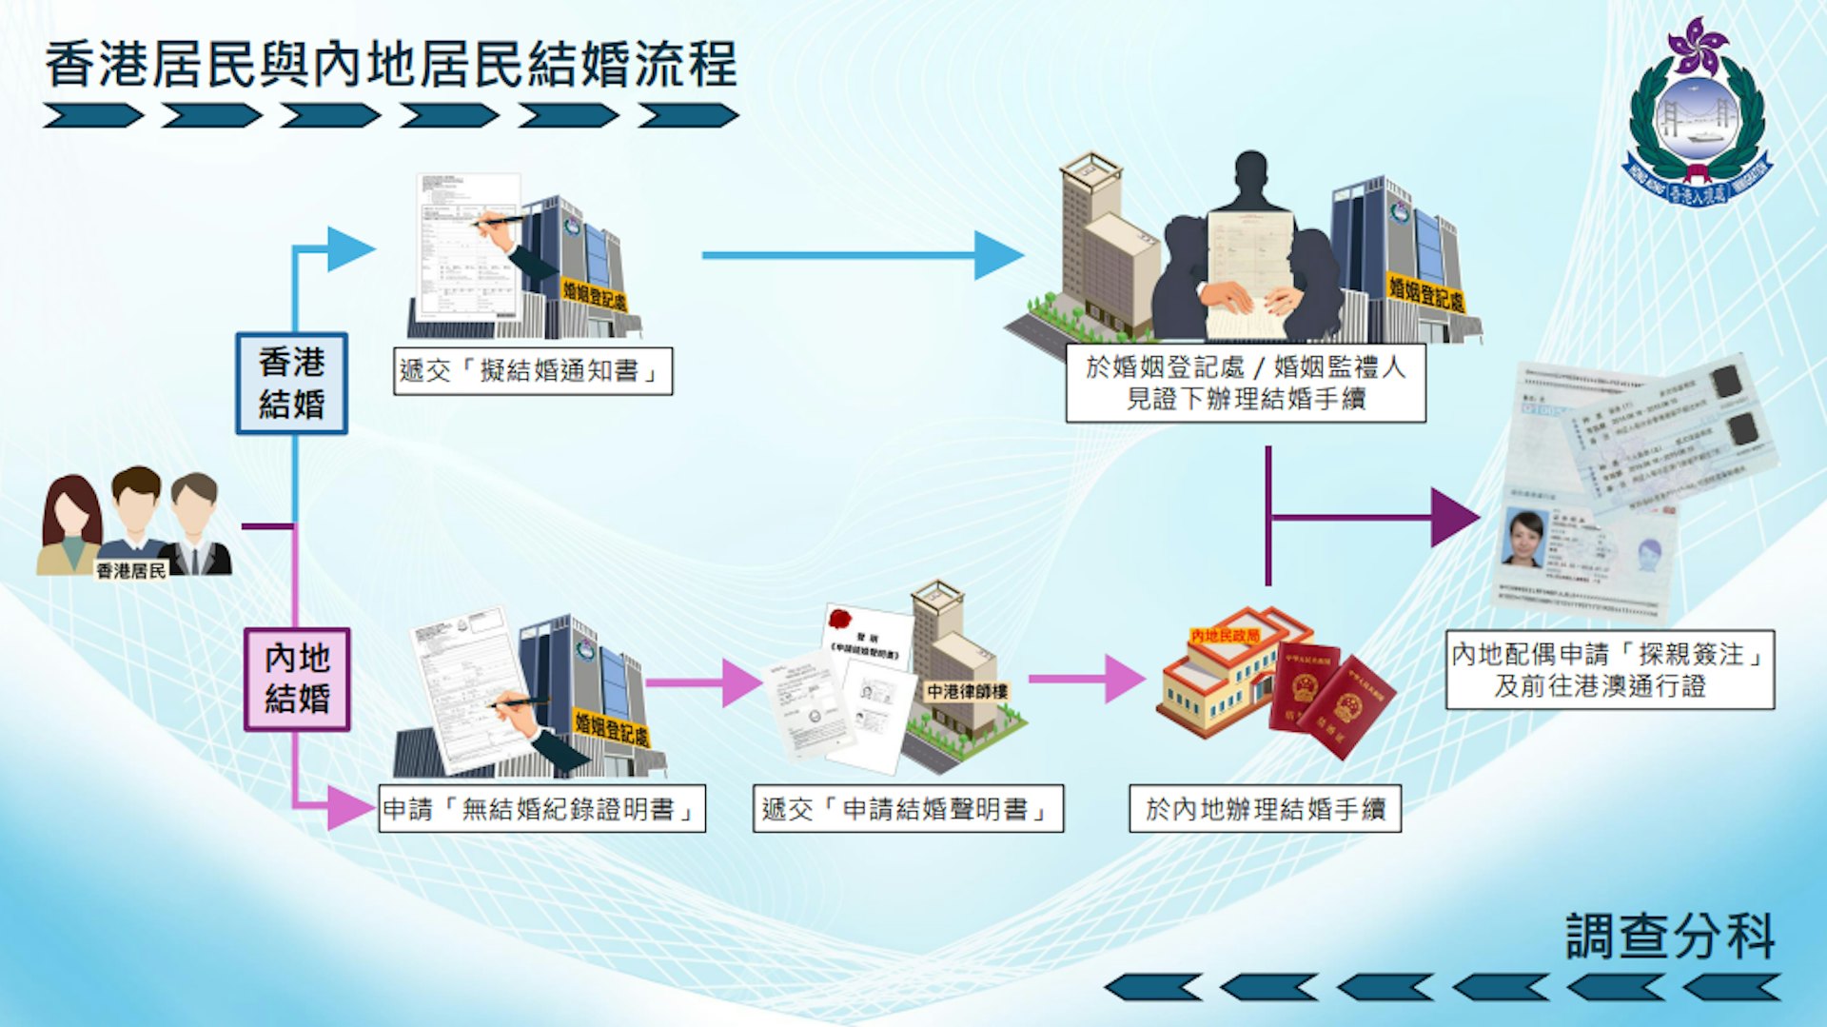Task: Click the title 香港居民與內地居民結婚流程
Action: point(390,65)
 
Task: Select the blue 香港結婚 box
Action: point(291,383)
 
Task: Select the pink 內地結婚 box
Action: point(297,679)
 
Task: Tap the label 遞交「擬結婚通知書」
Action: point(533,371)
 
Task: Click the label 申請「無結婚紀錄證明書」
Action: point(541,809)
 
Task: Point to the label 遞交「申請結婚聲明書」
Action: point(908,809)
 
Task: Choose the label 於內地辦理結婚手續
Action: point(1265,809)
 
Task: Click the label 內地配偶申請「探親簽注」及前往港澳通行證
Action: point(1609,669)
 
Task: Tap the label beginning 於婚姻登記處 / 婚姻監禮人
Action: point(1246,383)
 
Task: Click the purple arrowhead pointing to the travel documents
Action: point(1453,518)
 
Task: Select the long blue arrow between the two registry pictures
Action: point(856,255)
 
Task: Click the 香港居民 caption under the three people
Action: point(131,570)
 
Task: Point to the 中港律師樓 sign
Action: point(967,692)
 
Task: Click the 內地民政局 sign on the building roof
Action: point(1225,635)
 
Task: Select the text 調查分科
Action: point(1670,936)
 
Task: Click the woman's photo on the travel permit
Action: point(1524,538)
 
